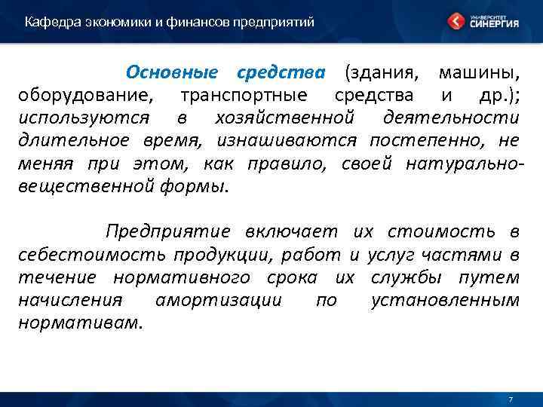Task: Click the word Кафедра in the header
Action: click(46, 22)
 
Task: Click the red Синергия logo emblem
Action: click(455, 21)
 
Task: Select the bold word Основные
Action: click(172, 72)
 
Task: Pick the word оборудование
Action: click(79, 96)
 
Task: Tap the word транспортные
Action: click(244, 96)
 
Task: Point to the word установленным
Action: click(445, 300)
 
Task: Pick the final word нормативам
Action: click(79, 323)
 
